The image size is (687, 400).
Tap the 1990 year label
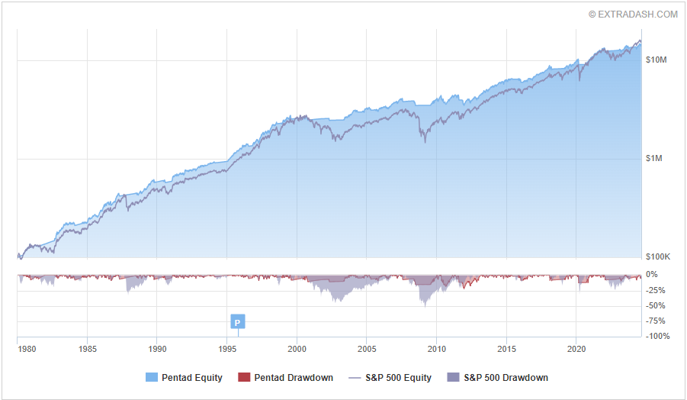coord(157,349)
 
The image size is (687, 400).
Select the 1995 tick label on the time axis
coord(227,349)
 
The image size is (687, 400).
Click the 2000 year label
coord(297,349)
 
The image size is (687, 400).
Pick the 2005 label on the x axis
coord(367,349)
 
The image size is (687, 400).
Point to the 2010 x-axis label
coord(437,349)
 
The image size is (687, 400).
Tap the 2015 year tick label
coord(506,349)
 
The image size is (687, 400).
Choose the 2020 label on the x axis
coord(576,349)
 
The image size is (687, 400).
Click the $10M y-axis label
coord(656,60)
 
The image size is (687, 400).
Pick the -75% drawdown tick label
coord(657,321)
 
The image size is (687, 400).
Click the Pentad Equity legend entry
coord(185,377)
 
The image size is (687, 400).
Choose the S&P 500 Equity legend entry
coord(390,377)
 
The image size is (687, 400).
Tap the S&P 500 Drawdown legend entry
coord(497,377)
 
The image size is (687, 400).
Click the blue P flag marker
coord(238,322)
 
